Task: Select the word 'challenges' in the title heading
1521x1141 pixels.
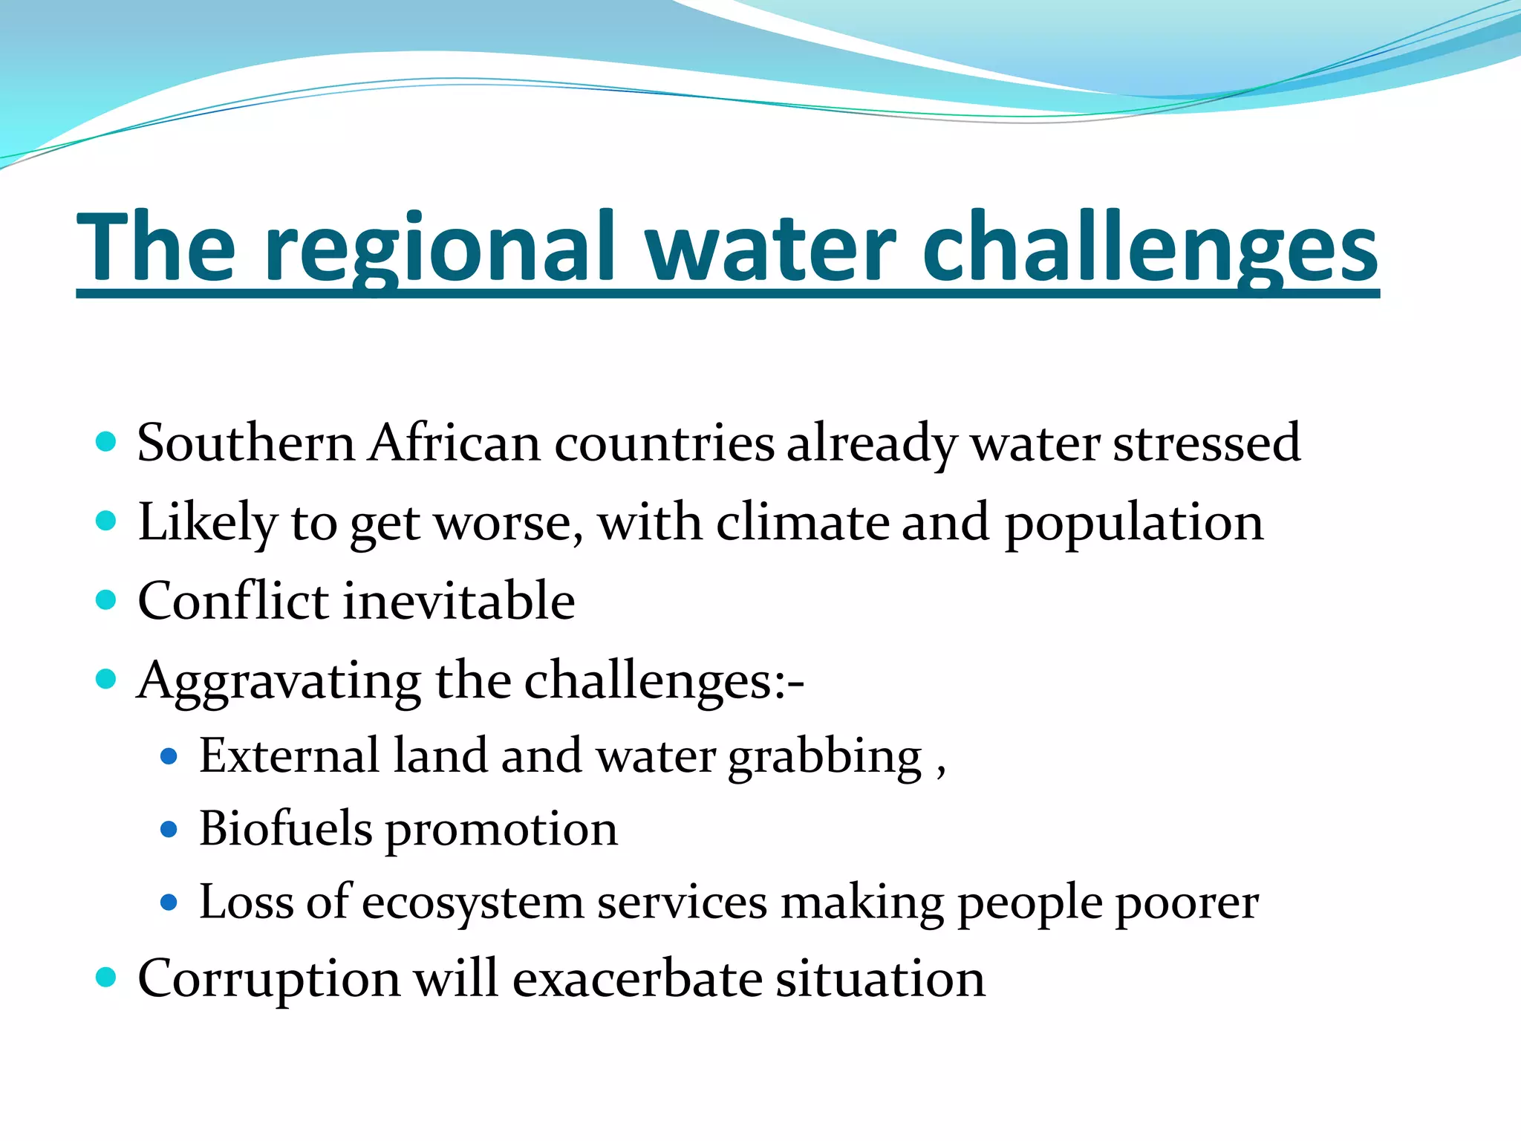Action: coord(1150,249)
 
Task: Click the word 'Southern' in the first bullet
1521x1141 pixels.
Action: coord(246,443)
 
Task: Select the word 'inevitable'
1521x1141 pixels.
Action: coord(458,601)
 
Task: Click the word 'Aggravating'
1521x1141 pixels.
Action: coord(279,682)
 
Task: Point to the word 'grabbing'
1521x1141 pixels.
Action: coord(824,758)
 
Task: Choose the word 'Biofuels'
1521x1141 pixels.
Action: coord(285,829)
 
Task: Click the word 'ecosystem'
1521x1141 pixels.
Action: coord(473,903)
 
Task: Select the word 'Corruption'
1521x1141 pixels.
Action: coord(269,980)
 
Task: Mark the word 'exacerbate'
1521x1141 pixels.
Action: coord(637,979)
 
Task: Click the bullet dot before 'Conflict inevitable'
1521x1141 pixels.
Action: coord(106,599)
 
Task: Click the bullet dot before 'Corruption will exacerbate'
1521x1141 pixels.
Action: coord(106,977)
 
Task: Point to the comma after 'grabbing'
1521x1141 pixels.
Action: coord(941,771)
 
